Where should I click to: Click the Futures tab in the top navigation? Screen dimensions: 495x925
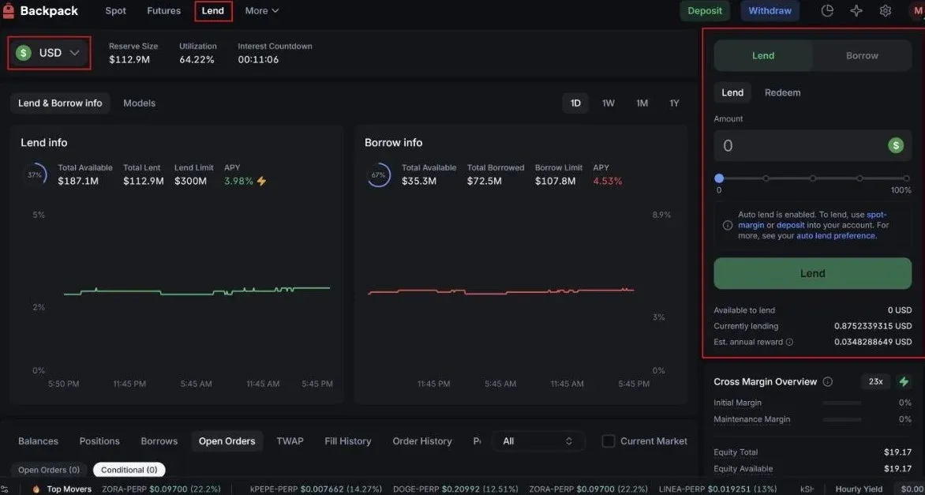(x=163, y=11)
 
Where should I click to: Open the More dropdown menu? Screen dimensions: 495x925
(x=262, y=11)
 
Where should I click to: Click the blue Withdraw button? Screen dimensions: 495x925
(x=770, y=11)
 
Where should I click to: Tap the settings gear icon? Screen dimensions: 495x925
(x=886, y=11)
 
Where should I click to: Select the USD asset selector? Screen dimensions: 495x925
(x=49, y=53)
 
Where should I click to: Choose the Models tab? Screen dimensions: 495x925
(x=139, y=103)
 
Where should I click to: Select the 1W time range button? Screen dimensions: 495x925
(x=609, y=103)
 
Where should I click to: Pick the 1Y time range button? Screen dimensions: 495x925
(x=674, y=103)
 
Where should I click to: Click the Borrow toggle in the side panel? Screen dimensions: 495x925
(x=862, y=56)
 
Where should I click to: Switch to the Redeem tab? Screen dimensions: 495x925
(x=782, y=93)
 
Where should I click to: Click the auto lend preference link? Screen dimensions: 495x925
(x=836, y=236)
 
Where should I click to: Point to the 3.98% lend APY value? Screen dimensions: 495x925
(x=238, y=182)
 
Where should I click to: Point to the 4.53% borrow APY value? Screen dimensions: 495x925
(x=607, y=182)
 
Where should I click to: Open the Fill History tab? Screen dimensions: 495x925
(x=347, y=441)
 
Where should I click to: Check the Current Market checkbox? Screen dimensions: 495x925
(x=609, y=441)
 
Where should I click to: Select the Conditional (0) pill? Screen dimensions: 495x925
(x=129, y=470)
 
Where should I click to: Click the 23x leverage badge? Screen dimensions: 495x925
(x=875, y=382)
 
